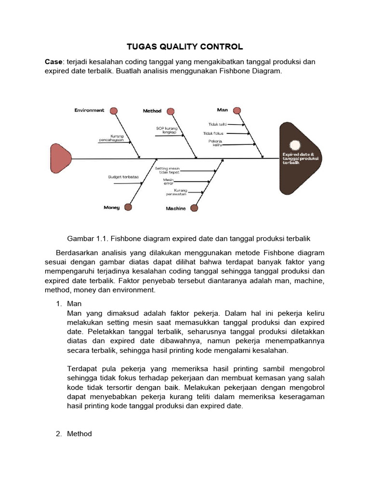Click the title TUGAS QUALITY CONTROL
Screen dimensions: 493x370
[x=185, y=47]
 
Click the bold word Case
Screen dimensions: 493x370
[x=53, y=62]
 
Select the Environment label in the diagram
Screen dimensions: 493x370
[x=89, y=110]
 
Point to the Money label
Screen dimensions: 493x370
[x=112, y=208]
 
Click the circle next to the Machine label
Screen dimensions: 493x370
[x=194, y=208]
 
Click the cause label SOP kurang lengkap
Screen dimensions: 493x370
[x=167, y=130]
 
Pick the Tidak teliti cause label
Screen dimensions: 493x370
[x=217, y=124]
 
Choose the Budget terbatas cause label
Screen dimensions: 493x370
[x=123, y=177]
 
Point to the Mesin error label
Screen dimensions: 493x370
[x=168, y=182]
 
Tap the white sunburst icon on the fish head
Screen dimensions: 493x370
[x=294, y=144]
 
